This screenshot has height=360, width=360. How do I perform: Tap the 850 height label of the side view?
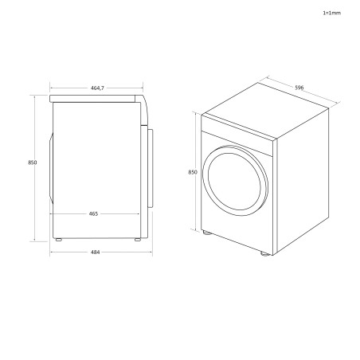click(32, 162)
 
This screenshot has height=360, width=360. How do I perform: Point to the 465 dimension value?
click(95, 214)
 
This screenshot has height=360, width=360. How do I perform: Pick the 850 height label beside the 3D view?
click(192, 170)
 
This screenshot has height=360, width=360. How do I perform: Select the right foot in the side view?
click(138, 238)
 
